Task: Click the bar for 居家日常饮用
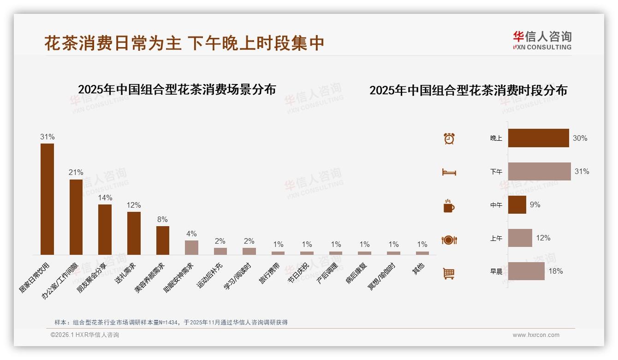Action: click(47, 199)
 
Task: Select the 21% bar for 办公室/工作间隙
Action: click(76, 217)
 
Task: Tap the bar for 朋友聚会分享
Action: click(105, 229)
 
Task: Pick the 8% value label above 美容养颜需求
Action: click(162, 220)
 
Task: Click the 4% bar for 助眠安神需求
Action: click(191, 247)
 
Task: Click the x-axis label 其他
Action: click(418, 269)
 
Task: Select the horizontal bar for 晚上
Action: click(538, 138)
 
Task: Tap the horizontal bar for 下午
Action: click(539, 171)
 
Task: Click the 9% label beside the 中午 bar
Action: click(535, 204)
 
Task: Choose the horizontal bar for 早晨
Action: click(526, 271)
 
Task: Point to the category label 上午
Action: click(496, 238)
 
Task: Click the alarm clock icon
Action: click(449, 138)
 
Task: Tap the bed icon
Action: click(449, 172)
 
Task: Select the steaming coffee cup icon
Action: click(449, 206)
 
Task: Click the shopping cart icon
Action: click(449, 273)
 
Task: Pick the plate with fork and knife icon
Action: click(449, 240)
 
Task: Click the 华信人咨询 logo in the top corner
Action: click(542, 41)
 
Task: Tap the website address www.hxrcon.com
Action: click(536, 335)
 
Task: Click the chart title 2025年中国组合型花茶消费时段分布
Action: click(468, 90)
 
